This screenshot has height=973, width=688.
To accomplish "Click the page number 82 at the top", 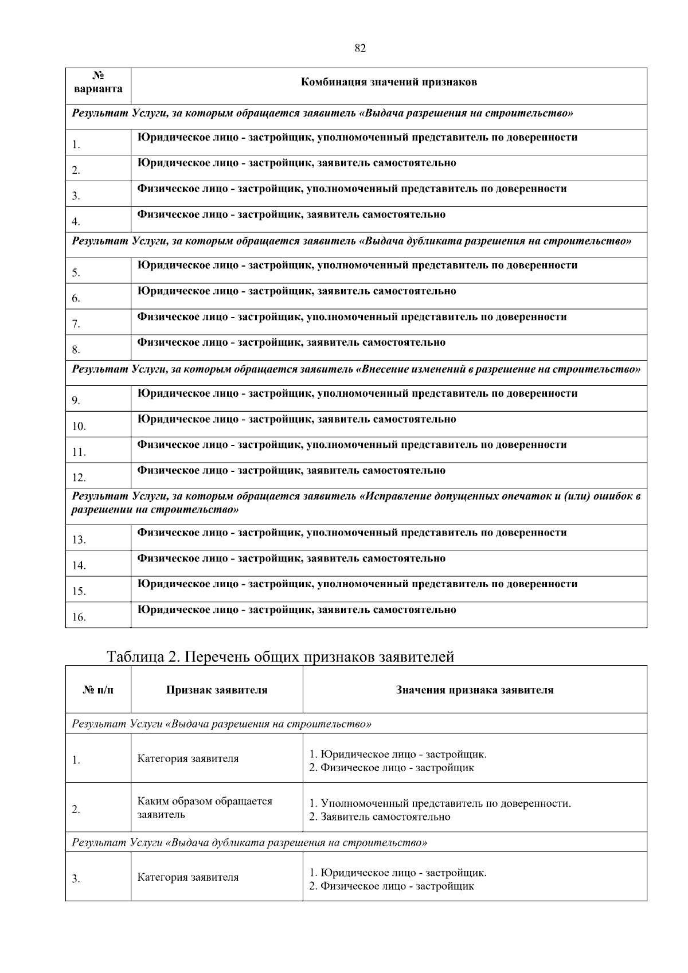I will [360, 49].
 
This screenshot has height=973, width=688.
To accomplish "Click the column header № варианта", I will [98, 83].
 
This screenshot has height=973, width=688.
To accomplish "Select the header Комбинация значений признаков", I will [389, 82].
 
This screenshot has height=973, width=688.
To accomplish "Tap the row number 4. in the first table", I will [76, 221].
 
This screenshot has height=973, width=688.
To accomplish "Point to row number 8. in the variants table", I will [76, 349].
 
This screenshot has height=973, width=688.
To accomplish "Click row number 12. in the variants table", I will [79, 478].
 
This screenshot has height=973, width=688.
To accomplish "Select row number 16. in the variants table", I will [79, 618].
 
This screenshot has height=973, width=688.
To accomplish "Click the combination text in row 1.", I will [357, 138].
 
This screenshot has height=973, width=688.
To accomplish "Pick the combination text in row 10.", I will [297, 419].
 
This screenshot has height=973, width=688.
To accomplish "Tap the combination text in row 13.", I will [352, 533].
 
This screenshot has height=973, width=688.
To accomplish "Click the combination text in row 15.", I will [357, 584].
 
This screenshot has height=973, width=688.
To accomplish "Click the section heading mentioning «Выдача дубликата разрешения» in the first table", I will [351, 241].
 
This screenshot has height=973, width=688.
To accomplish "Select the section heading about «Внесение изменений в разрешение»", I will [355, 369].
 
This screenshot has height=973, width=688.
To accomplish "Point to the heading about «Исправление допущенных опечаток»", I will [355, 502].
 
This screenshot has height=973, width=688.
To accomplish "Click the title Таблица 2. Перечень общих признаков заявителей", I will [280, 657].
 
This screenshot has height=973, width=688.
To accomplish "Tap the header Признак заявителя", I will [217, 690].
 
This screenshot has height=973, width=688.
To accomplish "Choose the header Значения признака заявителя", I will [474, 690].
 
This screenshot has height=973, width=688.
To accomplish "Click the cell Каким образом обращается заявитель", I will [205, 807].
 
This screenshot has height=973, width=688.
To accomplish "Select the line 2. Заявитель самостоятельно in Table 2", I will [380, 816].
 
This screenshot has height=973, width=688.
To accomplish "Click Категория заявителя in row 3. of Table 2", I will [187, 877].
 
